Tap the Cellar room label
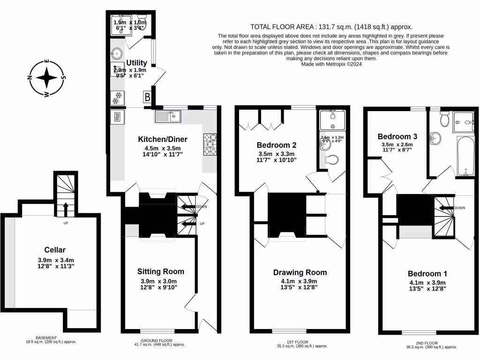pyautogui.click(x=55, y=250)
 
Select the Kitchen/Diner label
pyautogui.click(x=163, y=139)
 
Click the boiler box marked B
pyautogui.click(x=148, y=97)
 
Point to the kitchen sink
pyautogui.click(x=167, y=115)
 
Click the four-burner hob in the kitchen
pyautogui.click(x=210, y=144)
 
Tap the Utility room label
pyautogui.click(x=137, y=63)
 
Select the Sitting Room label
pyautogui.click(x=160, y=271)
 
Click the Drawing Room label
pyautogui.click(x=300, y=272)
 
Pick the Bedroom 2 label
pyautogui.click(x=277, y=145)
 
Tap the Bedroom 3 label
pyautogui.click(x=397, y=136)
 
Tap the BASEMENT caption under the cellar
pyautogui.click(x=46, y=337)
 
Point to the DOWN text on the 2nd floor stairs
pyautogui.click(x=459, y=208)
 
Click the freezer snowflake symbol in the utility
pyautogui.click(x=117, y=98)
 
